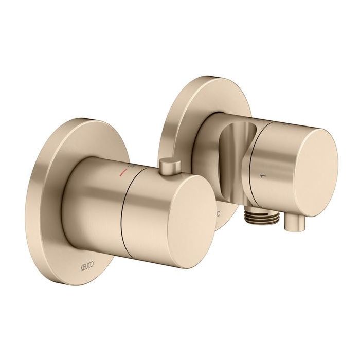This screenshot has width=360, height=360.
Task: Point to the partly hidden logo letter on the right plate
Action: coord(218,212)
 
